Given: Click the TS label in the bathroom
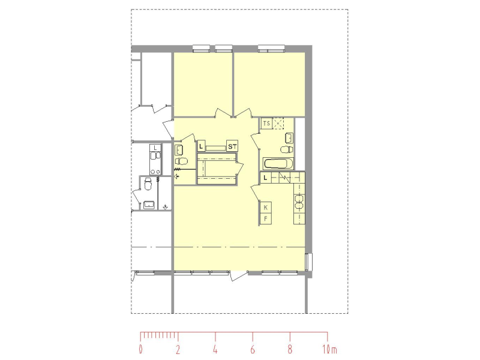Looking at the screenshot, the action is tap(266, 124).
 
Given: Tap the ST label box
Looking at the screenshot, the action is tap(232, 146).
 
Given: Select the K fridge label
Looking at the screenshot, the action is tap(265, 207).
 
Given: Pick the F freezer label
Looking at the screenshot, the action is tap(265, 218).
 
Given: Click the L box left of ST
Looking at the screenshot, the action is tap(201, 146).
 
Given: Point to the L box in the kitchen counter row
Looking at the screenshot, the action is tap(265, 178).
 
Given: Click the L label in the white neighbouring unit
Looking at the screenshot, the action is tap(155, 148).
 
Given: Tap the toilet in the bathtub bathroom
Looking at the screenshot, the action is tap(287, 149).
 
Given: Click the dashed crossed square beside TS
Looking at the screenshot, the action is tap(278, 124).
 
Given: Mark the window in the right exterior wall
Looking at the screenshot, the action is tap(308, 262).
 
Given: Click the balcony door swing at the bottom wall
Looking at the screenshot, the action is tap(239, 275).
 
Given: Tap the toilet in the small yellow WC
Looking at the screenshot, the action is tap(182, 161).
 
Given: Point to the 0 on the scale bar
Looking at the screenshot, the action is tap(140, 350).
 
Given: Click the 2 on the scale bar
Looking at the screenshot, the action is tap(178, 350).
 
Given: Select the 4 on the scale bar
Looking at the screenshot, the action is tap(215, 350).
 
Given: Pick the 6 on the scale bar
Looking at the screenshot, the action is tap(253, 350).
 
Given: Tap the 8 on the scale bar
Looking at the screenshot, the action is tap(290, 350).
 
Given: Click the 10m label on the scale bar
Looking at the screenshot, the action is tap(329, 350).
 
